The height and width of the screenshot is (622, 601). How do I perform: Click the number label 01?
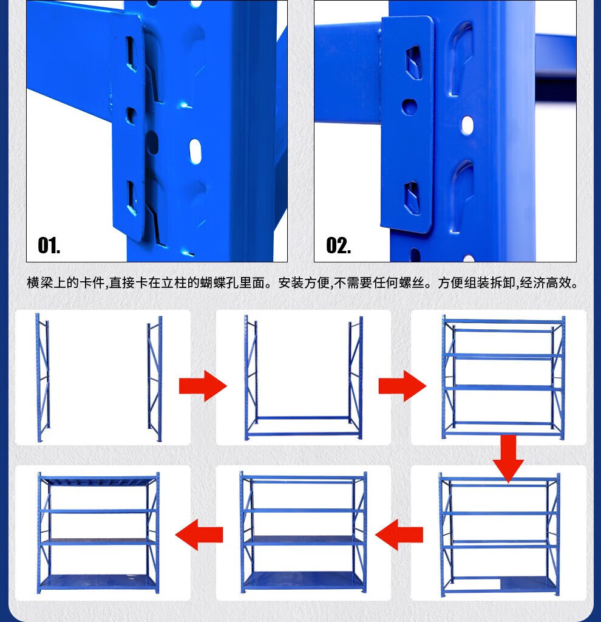pyautogui.click(x=49, y=245)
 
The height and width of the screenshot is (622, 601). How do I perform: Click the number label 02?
pyautogui.click(x=339, y=245)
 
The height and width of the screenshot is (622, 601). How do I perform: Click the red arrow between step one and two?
pyautogui.click(x=203, y=386)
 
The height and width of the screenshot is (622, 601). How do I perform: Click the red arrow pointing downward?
pyautogui.click(x=508, y=459)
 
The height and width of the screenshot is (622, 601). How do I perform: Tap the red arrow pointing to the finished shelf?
pyautogui.click(x=199, y=535)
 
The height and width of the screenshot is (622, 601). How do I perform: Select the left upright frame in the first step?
pyautogui.click(x=43, y=377)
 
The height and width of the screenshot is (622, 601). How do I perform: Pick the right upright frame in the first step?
pyautogui.click(x=155, y=379)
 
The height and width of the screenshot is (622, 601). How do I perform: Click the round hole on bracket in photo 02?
pyautogui.click(x=409, y=106)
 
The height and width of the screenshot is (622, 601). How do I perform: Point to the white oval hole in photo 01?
pyautogui.click(x=195, y=151)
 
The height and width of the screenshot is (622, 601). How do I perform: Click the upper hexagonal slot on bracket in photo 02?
pyautogui.click(x=413, y=62)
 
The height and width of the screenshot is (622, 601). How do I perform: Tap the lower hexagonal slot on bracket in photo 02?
pyautogui.click(x=412, y=197)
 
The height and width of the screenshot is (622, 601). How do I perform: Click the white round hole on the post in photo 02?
pyautogui.click(x=467, y=125)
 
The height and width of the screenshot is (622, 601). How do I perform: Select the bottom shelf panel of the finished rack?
pyautogui.click(x=98, y=582)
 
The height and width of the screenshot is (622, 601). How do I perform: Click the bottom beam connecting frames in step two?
pyautogui.click(x=304, y=434)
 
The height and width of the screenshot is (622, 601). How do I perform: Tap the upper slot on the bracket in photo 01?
pyautogui.click(x=131, y=54)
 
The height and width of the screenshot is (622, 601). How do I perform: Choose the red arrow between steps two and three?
pyautogui.click(x=402, y=386)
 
